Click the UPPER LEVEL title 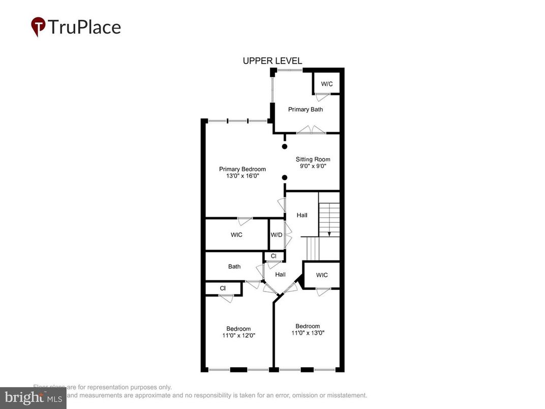pyautogui.click(x=272, y=61)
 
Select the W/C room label pyautogui.click(x=326, y=83)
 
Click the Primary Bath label pyautogui.click(x=306, y=109)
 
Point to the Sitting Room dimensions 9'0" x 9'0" pyautogui.click(x=313, y=166)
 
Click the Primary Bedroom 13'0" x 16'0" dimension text pyautogui.click(x=242, y=176)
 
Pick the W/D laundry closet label pyautogui.click(x=277, y=235)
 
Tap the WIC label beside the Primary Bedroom pyautogui.click(x=236, y=235)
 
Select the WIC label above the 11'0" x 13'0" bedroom pyautogui.click(x=322, y=275)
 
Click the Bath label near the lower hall pyautogui.click(x=234, y=267)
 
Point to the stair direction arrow pyautogui.click(x=329, y=233)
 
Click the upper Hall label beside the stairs pyautogui.click(x=302, y=216)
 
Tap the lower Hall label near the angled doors pyautogui.click(x=280, y=275)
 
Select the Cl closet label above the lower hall pyautogui.click(x=274, y=256)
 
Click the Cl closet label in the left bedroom pyautogui.click(x=223, y=288)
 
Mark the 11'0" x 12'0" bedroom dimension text pyautogui.click(x=238, y=335)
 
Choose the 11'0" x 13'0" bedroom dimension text pyautogui.click(x=308, y=333)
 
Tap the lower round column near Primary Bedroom pyautogui.click(x=285, y=178)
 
